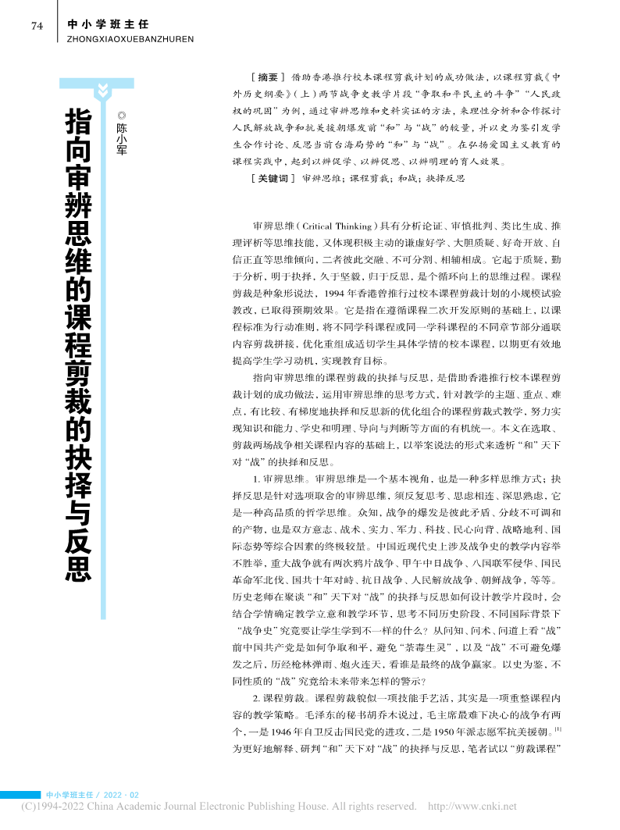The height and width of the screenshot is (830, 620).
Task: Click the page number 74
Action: [36, 26]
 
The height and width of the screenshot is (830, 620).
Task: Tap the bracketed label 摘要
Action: [267, 77]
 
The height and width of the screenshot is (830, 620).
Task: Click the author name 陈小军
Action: [121, 139]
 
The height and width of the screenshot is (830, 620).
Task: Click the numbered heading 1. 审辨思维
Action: [283, 455]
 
